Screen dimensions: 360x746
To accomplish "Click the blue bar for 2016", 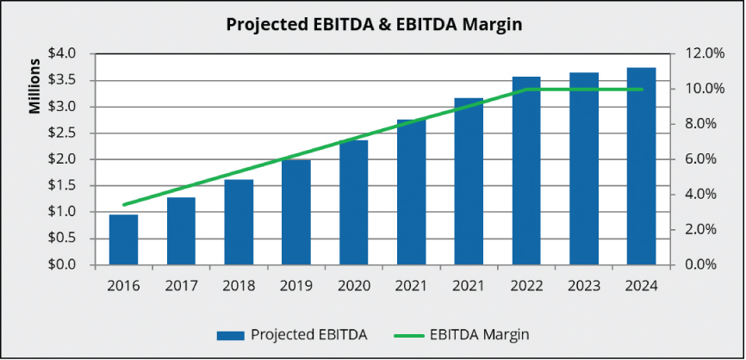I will point(123,239).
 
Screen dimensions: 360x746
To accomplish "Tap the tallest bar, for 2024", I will point(641,165).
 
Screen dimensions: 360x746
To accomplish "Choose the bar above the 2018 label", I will point(239,221).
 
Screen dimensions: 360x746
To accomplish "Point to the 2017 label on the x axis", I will point(181,285).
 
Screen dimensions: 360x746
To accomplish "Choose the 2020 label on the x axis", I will point(353,285).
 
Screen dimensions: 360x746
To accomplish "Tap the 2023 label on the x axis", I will point(584,285).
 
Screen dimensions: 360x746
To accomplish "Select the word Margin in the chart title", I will point(488,24).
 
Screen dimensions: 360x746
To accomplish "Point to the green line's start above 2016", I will point(123,205).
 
